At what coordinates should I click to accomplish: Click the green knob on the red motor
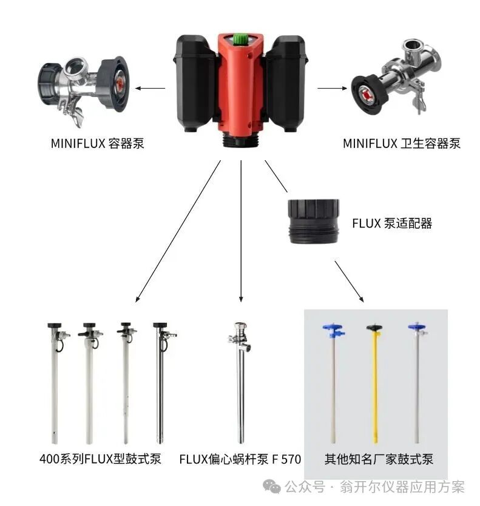point(240,39)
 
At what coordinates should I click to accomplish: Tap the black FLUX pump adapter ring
point(313,221)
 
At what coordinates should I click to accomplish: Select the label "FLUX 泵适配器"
point(392,223)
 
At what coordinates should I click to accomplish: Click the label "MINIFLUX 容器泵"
point(98,143)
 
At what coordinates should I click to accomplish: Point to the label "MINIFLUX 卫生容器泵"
point(402,143)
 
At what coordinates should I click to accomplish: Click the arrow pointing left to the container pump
point(150,88)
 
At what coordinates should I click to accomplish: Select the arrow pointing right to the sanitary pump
point(333,88)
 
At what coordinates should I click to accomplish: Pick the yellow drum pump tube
point(375,384)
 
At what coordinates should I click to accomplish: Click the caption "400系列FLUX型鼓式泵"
point(100,459)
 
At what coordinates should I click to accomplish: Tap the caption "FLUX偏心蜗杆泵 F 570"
point(240,459)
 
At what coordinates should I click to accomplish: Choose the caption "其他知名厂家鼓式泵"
point(379,459)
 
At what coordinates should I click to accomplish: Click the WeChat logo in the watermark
point(272,487)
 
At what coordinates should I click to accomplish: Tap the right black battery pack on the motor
point(286,83)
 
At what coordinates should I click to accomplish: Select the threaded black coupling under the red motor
point(240,141)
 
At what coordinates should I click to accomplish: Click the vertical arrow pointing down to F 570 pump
point(241,231)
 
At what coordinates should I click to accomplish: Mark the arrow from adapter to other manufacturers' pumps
point(350,282)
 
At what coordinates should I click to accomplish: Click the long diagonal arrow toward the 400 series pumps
point(178,231)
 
